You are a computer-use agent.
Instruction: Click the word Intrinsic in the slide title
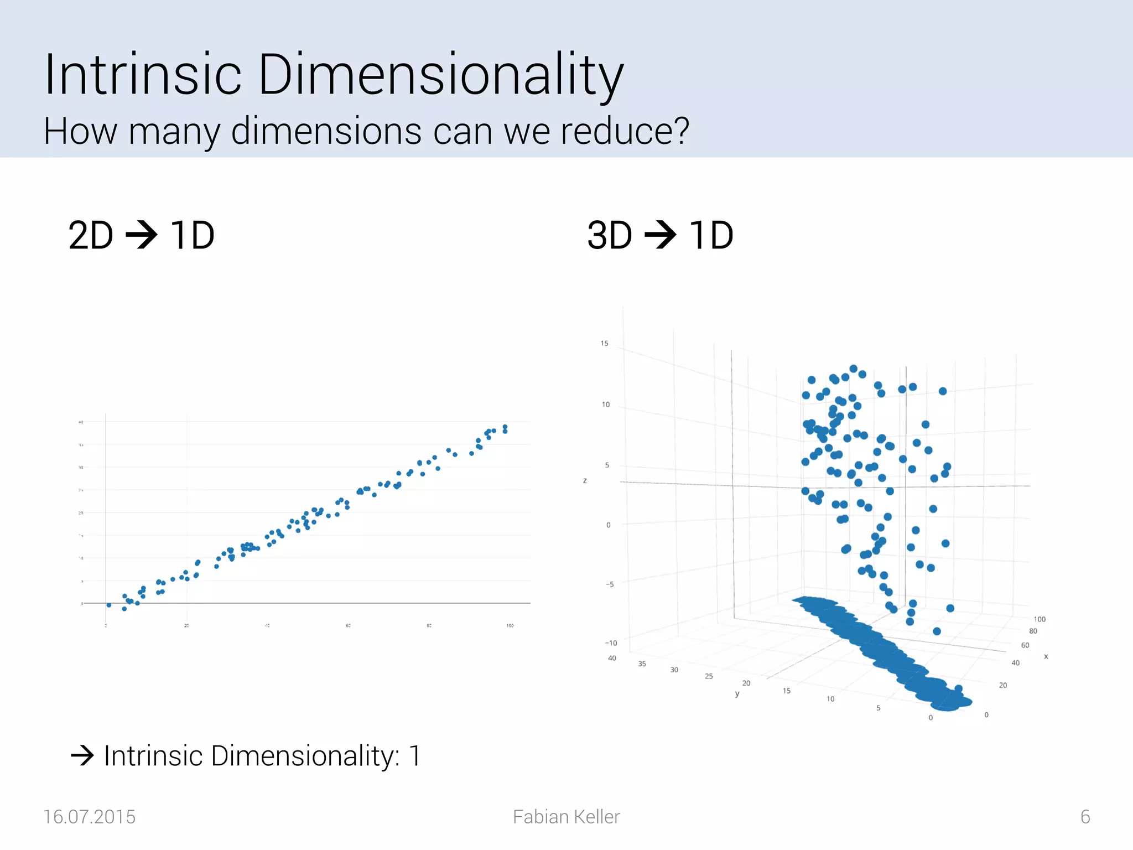pyautogui.click(x=143, y=75)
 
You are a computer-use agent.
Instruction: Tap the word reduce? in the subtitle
pyautogui.click(x=625, y=132)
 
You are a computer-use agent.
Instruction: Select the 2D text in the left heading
pyautogui.click(x=91, y=236)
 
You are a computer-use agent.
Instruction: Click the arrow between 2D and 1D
pyautogui.click(x=142, y=235)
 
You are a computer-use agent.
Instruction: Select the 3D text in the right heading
pyautogui.click(x=610, y=236)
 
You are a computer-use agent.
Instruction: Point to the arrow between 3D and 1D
pyautogui.click(x=661, y=235)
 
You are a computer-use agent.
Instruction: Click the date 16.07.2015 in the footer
pyautogui.click(x=89, y=817)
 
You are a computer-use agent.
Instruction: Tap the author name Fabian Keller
pyautogui.click(x=566, y=817)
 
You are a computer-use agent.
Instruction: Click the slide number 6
pyautogui.click(x=1085, y=817)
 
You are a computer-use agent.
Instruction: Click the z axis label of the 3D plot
pyautogui.click(x=585, y=481)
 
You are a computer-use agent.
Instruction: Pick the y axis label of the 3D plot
pyautogui.click(x=737, y=694)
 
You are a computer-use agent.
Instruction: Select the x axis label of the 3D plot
pyautogui.click(x=1046, y=657)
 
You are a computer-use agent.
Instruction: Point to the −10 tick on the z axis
pyautogui.click(x=611, y=643)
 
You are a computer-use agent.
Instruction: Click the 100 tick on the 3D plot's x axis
pyautogui.click(x=1040, y=619)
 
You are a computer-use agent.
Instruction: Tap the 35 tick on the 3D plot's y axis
pyautogui.click(x=642, y=664)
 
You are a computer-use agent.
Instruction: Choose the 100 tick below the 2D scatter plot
pyautogui.click(x=510, y=626)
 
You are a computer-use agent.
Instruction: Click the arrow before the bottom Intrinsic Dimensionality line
pyautogui.click(x=82, y=755)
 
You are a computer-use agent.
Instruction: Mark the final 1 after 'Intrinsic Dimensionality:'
pyautogui.click(x=414, y=756)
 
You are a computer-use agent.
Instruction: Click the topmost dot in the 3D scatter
pyautogui.click(x=853, y=369)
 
